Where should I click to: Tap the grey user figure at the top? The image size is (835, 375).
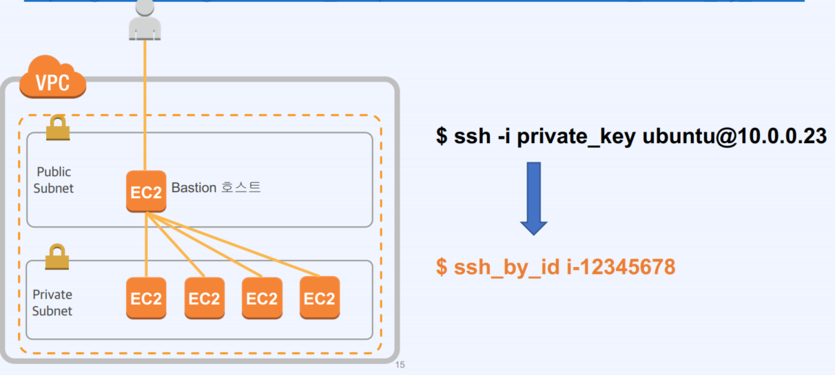[x=145, y=19]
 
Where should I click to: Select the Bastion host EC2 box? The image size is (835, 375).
[x=146, y=191]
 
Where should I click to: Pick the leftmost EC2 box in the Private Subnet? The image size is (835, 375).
[x=146, y=298]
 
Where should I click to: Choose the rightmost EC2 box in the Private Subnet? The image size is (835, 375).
[x=320, y=298]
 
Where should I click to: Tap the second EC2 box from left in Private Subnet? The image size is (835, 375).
[x=204, y=298]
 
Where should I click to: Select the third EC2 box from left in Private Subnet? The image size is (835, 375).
[x=262, y=298]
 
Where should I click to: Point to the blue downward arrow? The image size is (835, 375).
[x=533, y=198]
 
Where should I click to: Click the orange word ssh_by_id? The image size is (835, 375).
[x=506, y=267]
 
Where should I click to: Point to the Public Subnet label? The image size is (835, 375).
[x=54, y=180]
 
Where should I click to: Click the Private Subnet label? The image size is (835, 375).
[x=52, y=303]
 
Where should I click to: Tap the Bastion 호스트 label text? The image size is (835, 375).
[x=216, y=187]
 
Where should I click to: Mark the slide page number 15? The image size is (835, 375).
[x=400, y=365]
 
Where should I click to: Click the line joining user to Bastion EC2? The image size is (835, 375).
[x=145, y=103]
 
